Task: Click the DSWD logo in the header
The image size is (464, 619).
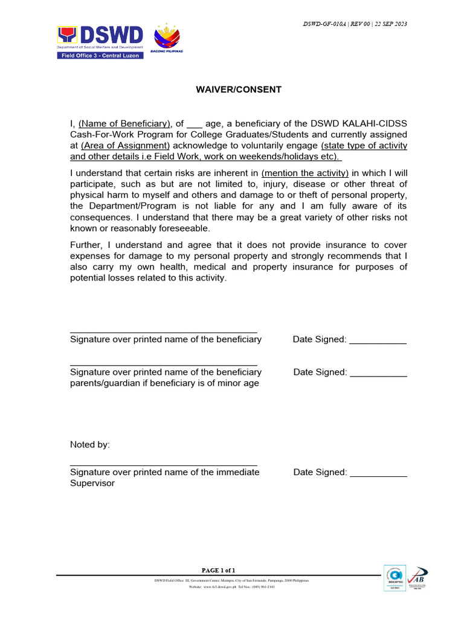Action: pos(100,37)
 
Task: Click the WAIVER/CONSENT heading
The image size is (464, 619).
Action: pos(238,89)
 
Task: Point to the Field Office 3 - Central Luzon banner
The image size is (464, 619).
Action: pos(100,56)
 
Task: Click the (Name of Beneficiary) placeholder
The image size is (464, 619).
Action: pos(125,123)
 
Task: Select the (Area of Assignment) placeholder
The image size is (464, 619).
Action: pos(125,145)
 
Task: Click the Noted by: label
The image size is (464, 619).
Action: pos(90,444)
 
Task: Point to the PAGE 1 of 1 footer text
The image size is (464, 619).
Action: pos(219,570)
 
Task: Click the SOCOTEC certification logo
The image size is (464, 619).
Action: pos(395,578)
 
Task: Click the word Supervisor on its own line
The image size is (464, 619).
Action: pos(92,484)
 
